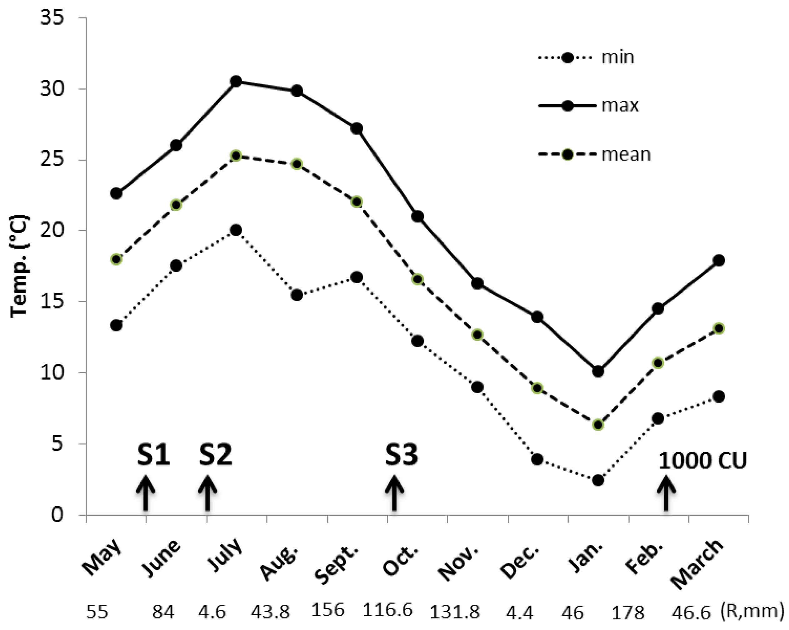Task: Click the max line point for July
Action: (x=236, y=81)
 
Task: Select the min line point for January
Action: (x=598, y=480)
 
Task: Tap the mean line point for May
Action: (x=116, y=259)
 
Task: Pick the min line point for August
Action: (x=297, y=295)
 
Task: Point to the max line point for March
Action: (x=719, y=260)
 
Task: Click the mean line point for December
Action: (x=537, y=388)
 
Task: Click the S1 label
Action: (x=153, y=455)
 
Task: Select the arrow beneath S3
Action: (x=394, y=493)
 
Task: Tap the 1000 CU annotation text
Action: (x=702, y=461)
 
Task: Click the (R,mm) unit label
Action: (x=753, y=610)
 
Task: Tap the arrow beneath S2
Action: (x=207, y=493)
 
